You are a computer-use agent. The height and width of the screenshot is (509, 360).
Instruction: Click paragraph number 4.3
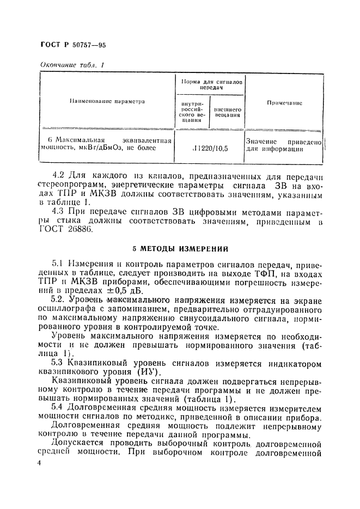click(58, 210)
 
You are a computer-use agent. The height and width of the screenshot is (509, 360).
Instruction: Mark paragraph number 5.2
click(59, 299)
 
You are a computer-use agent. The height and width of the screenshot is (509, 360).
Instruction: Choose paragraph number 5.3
click(58, 363)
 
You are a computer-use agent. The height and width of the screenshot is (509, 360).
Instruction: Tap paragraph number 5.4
click(58, 406)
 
